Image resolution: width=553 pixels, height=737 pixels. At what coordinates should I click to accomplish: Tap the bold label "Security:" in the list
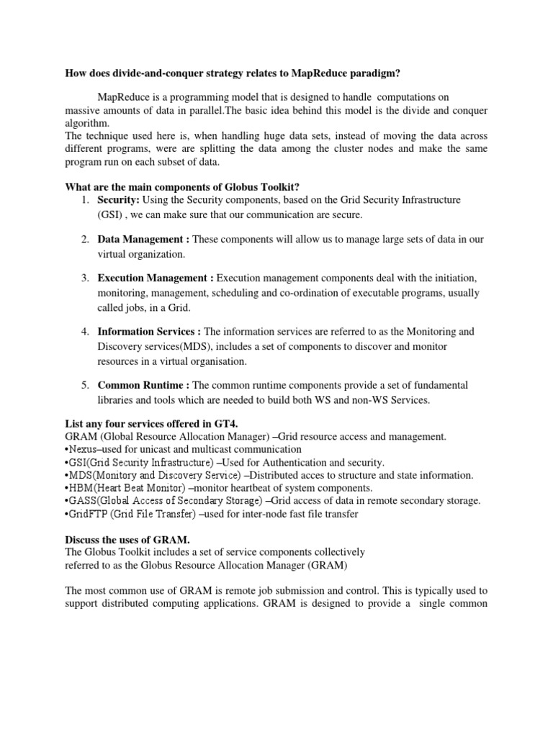[119, 199]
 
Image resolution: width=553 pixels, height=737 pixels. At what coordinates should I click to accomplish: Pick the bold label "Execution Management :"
[156, 278]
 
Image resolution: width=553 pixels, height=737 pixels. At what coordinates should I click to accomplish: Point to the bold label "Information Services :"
[150, 332]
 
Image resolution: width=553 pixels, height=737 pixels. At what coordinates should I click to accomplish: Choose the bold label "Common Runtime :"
[143, 385]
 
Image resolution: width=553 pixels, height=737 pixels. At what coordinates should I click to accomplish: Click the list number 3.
[84, 278]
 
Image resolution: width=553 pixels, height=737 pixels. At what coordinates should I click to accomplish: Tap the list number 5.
[84, 385]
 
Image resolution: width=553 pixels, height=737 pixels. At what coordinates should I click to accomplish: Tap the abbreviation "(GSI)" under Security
[110, 214]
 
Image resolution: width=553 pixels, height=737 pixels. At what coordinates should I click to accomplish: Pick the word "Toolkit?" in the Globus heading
[278, 186]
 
